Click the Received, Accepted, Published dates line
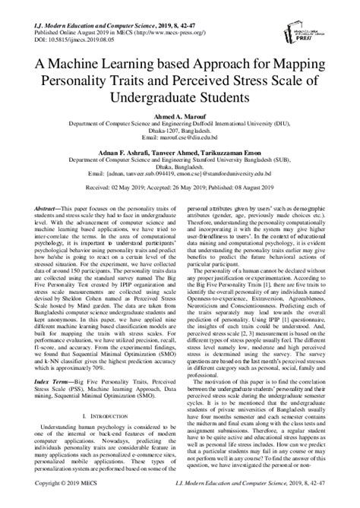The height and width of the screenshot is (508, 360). point(180,204)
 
